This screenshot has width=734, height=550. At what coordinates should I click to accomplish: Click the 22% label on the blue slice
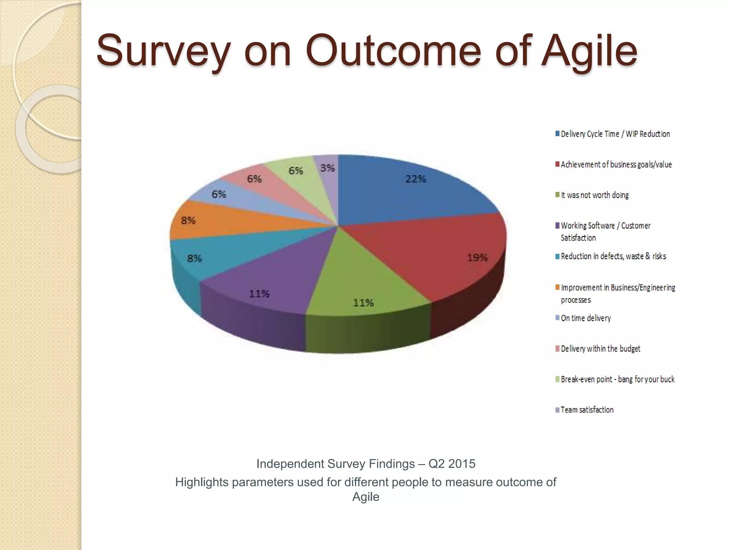click(415, 179)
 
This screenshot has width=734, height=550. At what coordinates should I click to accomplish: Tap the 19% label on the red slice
click(477, 257)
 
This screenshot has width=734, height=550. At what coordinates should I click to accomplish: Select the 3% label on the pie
click(328, 168)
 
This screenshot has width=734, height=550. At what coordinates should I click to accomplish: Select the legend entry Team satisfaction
click(587, 410)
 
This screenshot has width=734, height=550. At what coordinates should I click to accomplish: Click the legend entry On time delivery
click(586, 318)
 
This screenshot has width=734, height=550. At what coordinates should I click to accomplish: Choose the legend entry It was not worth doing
click(595, 195)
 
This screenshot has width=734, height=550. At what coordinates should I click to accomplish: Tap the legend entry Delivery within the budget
click(600, 349)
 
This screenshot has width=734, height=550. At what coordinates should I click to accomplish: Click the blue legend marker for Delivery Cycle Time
click(557, 134)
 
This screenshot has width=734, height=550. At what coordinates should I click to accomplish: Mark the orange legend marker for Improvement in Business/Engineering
click(557, 288)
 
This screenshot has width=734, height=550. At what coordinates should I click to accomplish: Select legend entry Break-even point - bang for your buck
click(617, 379)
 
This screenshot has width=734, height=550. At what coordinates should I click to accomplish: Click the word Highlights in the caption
click(202, 482)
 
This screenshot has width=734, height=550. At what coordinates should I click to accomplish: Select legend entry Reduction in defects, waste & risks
click(613, 256)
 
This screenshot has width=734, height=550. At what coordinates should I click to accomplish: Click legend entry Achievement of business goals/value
click(616, 165)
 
